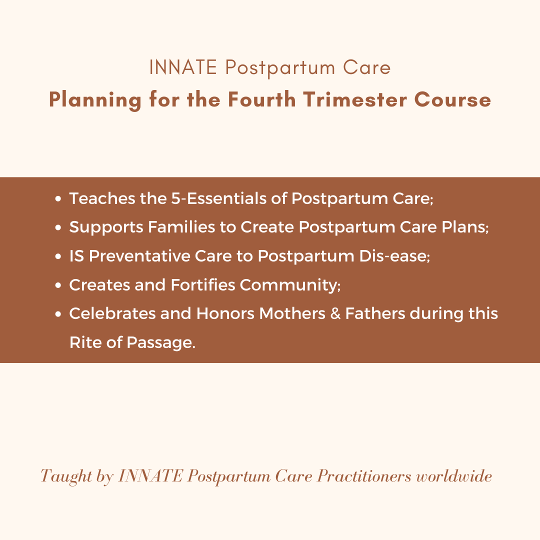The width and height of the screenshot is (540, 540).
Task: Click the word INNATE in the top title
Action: pos(183,67)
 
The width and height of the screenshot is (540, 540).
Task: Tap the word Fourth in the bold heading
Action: pos(261,99)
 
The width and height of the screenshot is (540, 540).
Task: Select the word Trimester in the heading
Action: pos(354,99)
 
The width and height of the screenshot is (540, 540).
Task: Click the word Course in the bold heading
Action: pos(452,99)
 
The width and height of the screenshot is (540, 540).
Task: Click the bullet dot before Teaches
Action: pos(58,198)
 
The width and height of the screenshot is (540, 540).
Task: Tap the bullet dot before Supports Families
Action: pos(58,227)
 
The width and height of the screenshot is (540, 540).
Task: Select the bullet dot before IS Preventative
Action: pos(58,256)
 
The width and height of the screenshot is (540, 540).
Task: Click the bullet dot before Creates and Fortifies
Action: pos(58,285)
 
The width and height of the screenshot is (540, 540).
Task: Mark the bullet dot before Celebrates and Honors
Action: pos(58,314)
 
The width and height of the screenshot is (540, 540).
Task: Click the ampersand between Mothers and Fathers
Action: pos(335,313)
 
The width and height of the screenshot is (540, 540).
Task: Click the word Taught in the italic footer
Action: pos(66,477)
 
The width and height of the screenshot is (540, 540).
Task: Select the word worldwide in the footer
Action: pos(454,476)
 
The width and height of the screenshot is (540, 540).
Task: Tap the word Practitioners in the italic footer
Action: pos(364,476)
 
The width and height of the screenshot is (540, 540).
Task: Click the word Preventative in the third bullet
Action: pos(139,256)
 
